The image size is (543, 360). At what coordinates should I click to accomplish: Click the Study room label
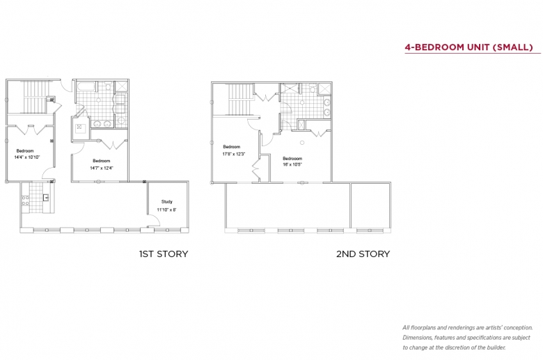(166, 201)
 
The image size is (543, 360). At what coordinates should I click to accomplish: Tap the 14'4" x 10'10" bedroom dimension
(27, 157)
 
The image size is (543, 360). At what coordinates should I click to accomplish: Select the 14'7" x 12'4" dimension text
(102, 168)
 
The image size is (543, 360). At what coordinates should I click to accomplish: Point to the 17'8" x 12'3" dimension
(234, 154)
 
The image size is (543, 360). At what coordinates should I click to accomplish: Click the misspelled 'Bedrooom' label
(292, 158)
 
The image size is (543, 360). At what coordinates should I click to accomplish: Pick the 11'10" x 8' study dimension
(167, 210)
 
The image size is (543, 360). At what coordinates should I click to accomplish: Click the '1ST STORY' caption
(164, 254)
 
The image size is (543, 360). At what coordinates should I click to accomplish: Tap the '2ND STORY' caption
(363, 254)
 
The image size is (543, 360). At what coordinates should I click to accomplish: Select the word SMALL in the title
(513, 47)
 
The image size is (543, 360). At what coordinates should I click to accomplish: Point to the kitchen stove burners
(25, 201)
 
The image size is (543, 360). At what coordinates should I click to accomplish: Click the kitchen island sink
(46, 198)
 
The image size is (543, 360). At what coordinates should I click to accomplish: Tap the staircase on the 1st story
(35, 97)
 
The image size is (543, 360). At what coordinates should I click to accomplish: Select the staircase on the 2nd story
(239, 99)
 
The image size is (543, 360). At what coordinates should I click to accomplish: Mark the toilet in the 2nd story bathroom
(313, 88)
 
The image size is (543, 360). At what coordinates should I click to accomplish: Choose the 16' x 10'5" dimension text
(292, 164)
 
